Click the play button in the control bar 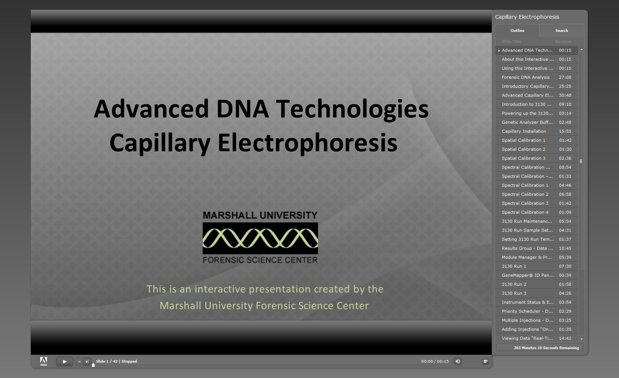(65, 361)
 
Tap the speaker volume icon (458, 361)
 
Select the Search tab (562, 31)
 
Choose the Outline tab (517, 31)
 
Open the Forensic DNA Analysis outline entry (526, 77)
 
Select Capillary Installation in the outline (524, 131)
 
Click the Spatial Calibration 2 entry (524, 149)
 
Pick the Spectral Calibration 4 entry (525, 212)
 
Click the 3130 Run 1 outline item (514, 266)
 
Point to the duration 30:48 (565, 95)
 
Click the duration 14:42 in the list (565, 338)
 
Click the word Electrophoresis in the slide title (307, 143)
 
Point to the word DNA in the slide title (242, 109)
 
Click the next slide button (87, 361)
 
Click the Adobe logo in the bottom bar (44, 361)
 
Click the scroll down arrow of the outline (581, 339)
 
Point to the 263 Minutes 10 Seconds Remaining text (546, 348)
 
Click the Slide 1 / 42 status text (107, 361)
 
